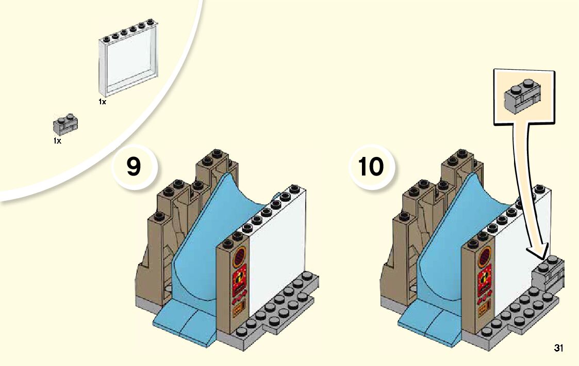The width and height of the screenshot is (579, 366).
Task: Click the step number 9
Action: coord(134,167)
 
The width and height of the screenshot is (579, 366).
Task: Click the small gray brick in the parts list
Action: coord(65,124)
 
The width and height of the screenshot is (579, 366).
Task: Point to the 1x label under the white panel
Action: coord(102,102)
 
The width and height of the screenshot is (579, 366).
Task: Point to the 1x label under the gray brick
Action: coord(57,140)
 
